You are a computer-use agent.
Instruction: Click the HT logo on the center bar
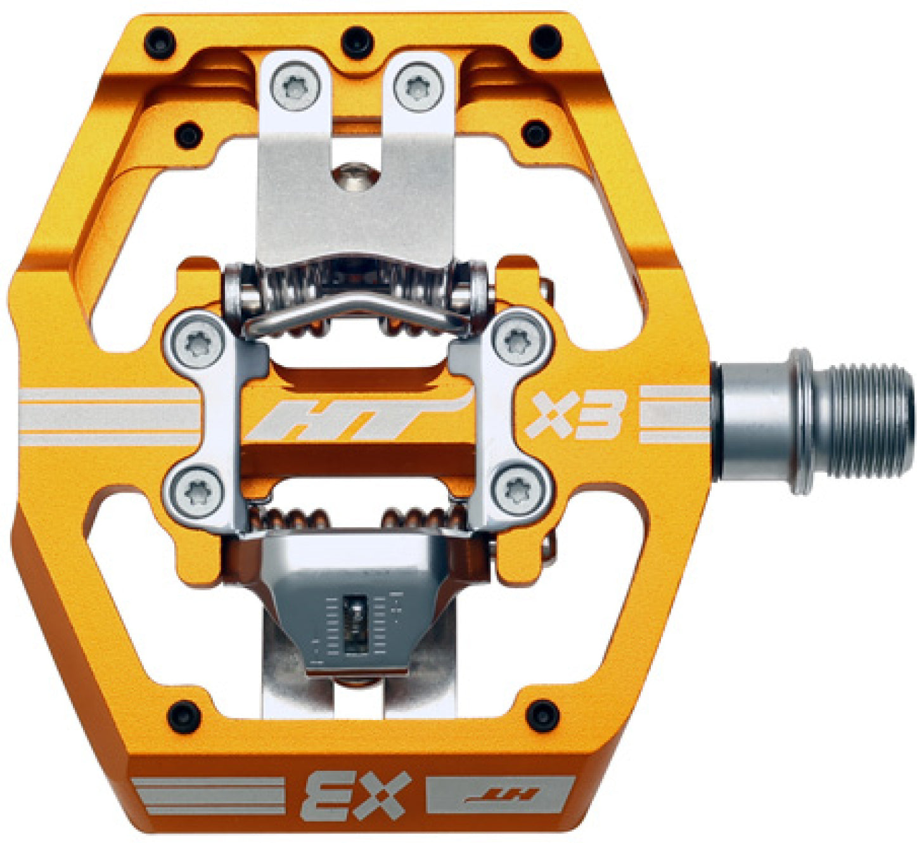pyautogui.click(x=358, y=418)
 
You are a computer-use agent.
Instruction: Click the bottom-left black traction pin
pyautogui.click(x=183, y=714)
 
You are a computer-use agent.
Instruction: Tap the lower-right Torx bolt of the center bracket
pyautogui.click(x=518, y=490)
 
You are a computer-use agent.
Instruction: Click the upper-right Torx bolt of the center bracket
pyautogui.click(x=518, y=342)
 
